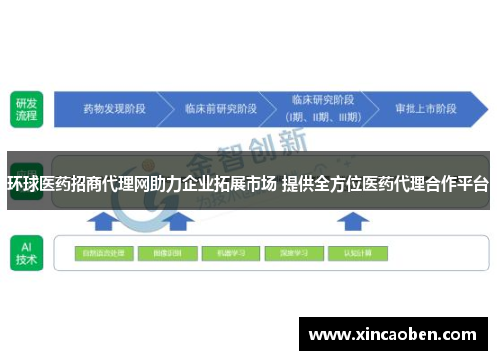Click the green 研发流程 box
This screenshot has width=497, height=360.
tap(25, 108)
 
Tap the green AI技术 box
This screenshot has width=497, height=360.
tap(25, 252)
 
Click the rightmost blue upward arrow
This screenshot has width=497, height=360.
tap(355, 218)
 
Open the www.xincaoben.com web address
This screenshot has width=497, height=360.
tap(395, 335)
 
